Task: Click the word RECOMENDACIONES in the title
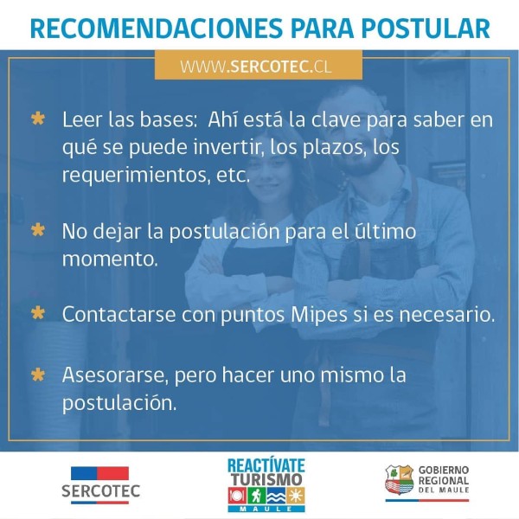(157, 29)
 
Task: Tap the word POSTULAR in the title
(426, 29)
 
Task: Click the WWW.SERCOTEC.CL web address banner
(259, 65)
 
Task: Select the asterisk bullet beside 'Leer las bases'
(38, 119)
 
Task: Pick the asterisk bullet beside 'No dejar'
(38, 230)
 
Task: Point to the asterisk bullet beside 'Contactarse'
(38, 313)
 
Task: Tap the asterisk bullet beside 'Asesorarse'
(38, 375)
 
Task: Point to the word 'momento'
(110, 259)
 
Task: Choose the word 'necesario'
(447, 315)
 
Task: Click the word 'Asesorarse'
(113, 375)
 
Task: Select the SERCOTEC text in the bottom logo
(101, 491)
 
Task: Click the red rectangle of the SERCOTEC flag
(112, 473)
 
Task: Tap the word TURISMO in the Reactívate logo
(266, 479)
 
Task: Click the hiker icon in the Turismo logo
(256, 496)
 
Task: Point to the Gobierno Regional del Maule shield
(399, 479)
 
